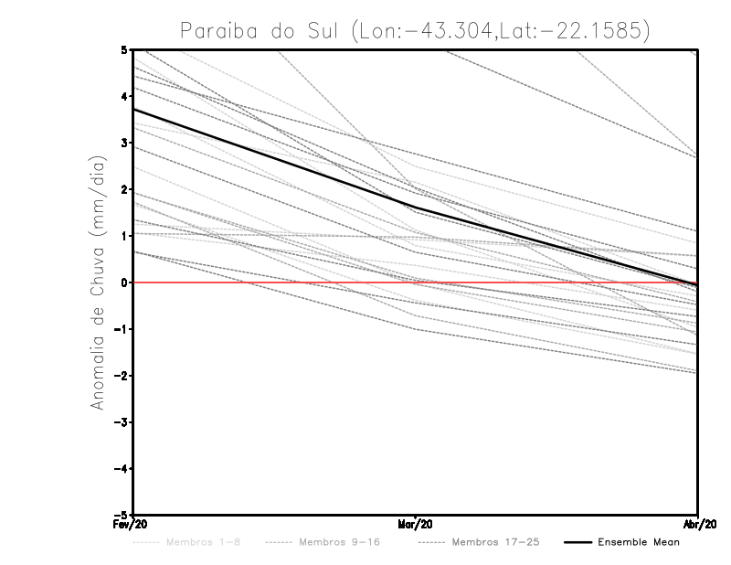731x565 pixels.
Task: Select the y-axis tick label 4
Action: coord(125,96)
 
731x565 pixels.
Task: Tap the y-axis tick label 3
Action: coord(125,143)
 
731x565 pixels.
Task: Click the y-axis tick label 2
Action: coord(125,189)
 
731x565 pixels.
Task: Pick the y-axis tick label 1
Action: coord(125,236)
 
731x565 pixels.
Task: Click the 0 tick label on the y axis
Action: coord(125,282)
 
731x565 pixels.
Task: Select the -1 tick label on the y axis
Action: coord(122,329)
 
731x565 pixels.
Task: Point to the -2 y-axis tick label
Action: coord(122,376)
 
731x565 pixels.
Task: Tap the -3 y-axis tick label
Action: coord(122,422)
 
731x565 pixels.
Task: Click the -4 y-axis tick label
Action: coord(122,469)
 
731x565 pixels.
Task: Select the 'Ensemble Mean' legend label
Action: coord(638,542)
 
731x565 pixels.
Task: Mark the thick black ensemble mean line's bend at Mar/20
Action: coord(416,210)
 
